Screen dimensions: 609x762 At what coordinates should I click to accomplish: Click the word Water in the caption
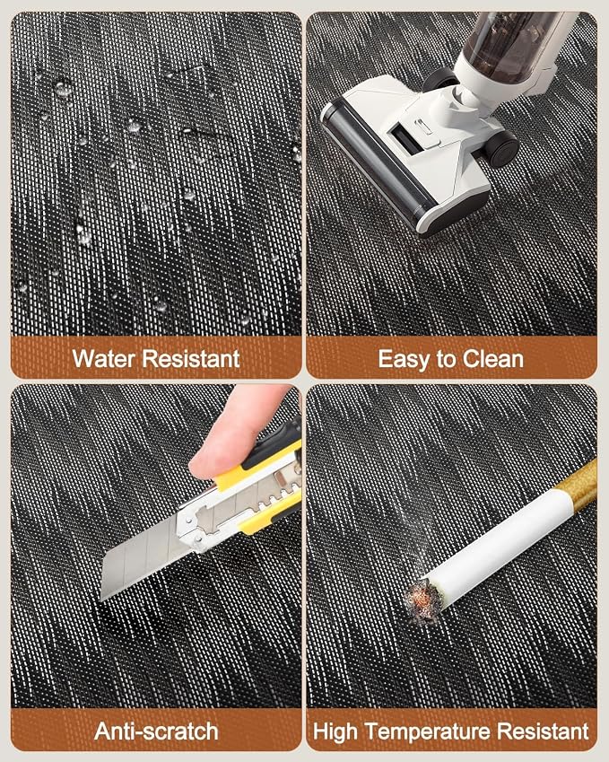[104, 359]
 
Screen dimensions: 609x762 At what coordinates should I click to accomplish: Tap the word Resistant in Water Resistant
[191, 359]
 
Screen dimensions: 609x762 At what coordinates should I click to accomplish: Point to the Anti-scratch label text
[156, 731]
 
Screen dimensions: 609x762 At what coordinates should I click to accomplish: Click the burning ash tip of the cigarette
[422, 601]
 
